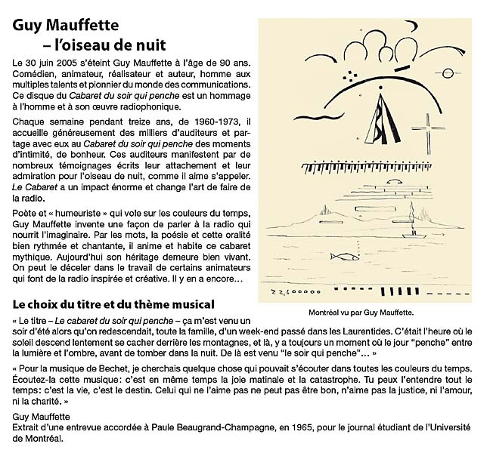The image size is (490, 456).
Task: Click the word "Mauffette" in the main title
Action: point(85,26)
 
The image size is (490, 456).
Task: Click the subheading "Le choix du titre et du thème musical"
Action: point(114,304)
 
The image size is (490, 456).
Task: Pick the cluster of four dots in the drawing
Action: point(351,73)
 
